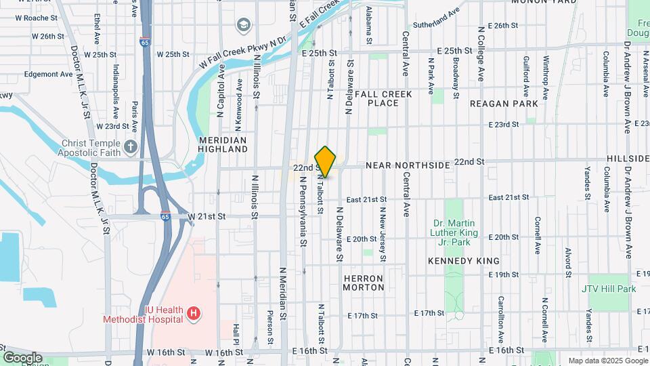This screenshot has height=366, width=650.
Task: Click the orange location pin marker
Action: (326, 161)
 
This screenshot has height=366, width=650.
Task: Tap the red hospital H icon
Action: (194, 312)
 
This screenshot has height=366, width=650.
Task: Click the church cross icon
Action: (131, 146)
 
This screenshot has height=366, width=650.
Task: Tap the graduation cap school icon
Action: (242, 26)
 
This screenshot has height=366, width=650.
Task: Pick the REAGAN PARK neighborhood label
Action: (504, 104)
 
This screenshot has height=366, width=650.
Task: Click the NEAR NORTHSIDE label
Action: (408, 165)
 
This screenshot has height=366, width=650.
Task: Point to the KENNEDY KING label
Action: (464, 261)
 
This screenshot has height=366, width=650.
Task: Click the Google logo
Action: (22, 358)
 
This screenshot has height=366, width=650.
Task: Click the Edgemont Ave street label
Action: (48, 74)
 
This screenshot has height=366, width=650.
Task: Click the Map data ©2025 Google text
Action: (607, 361)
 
